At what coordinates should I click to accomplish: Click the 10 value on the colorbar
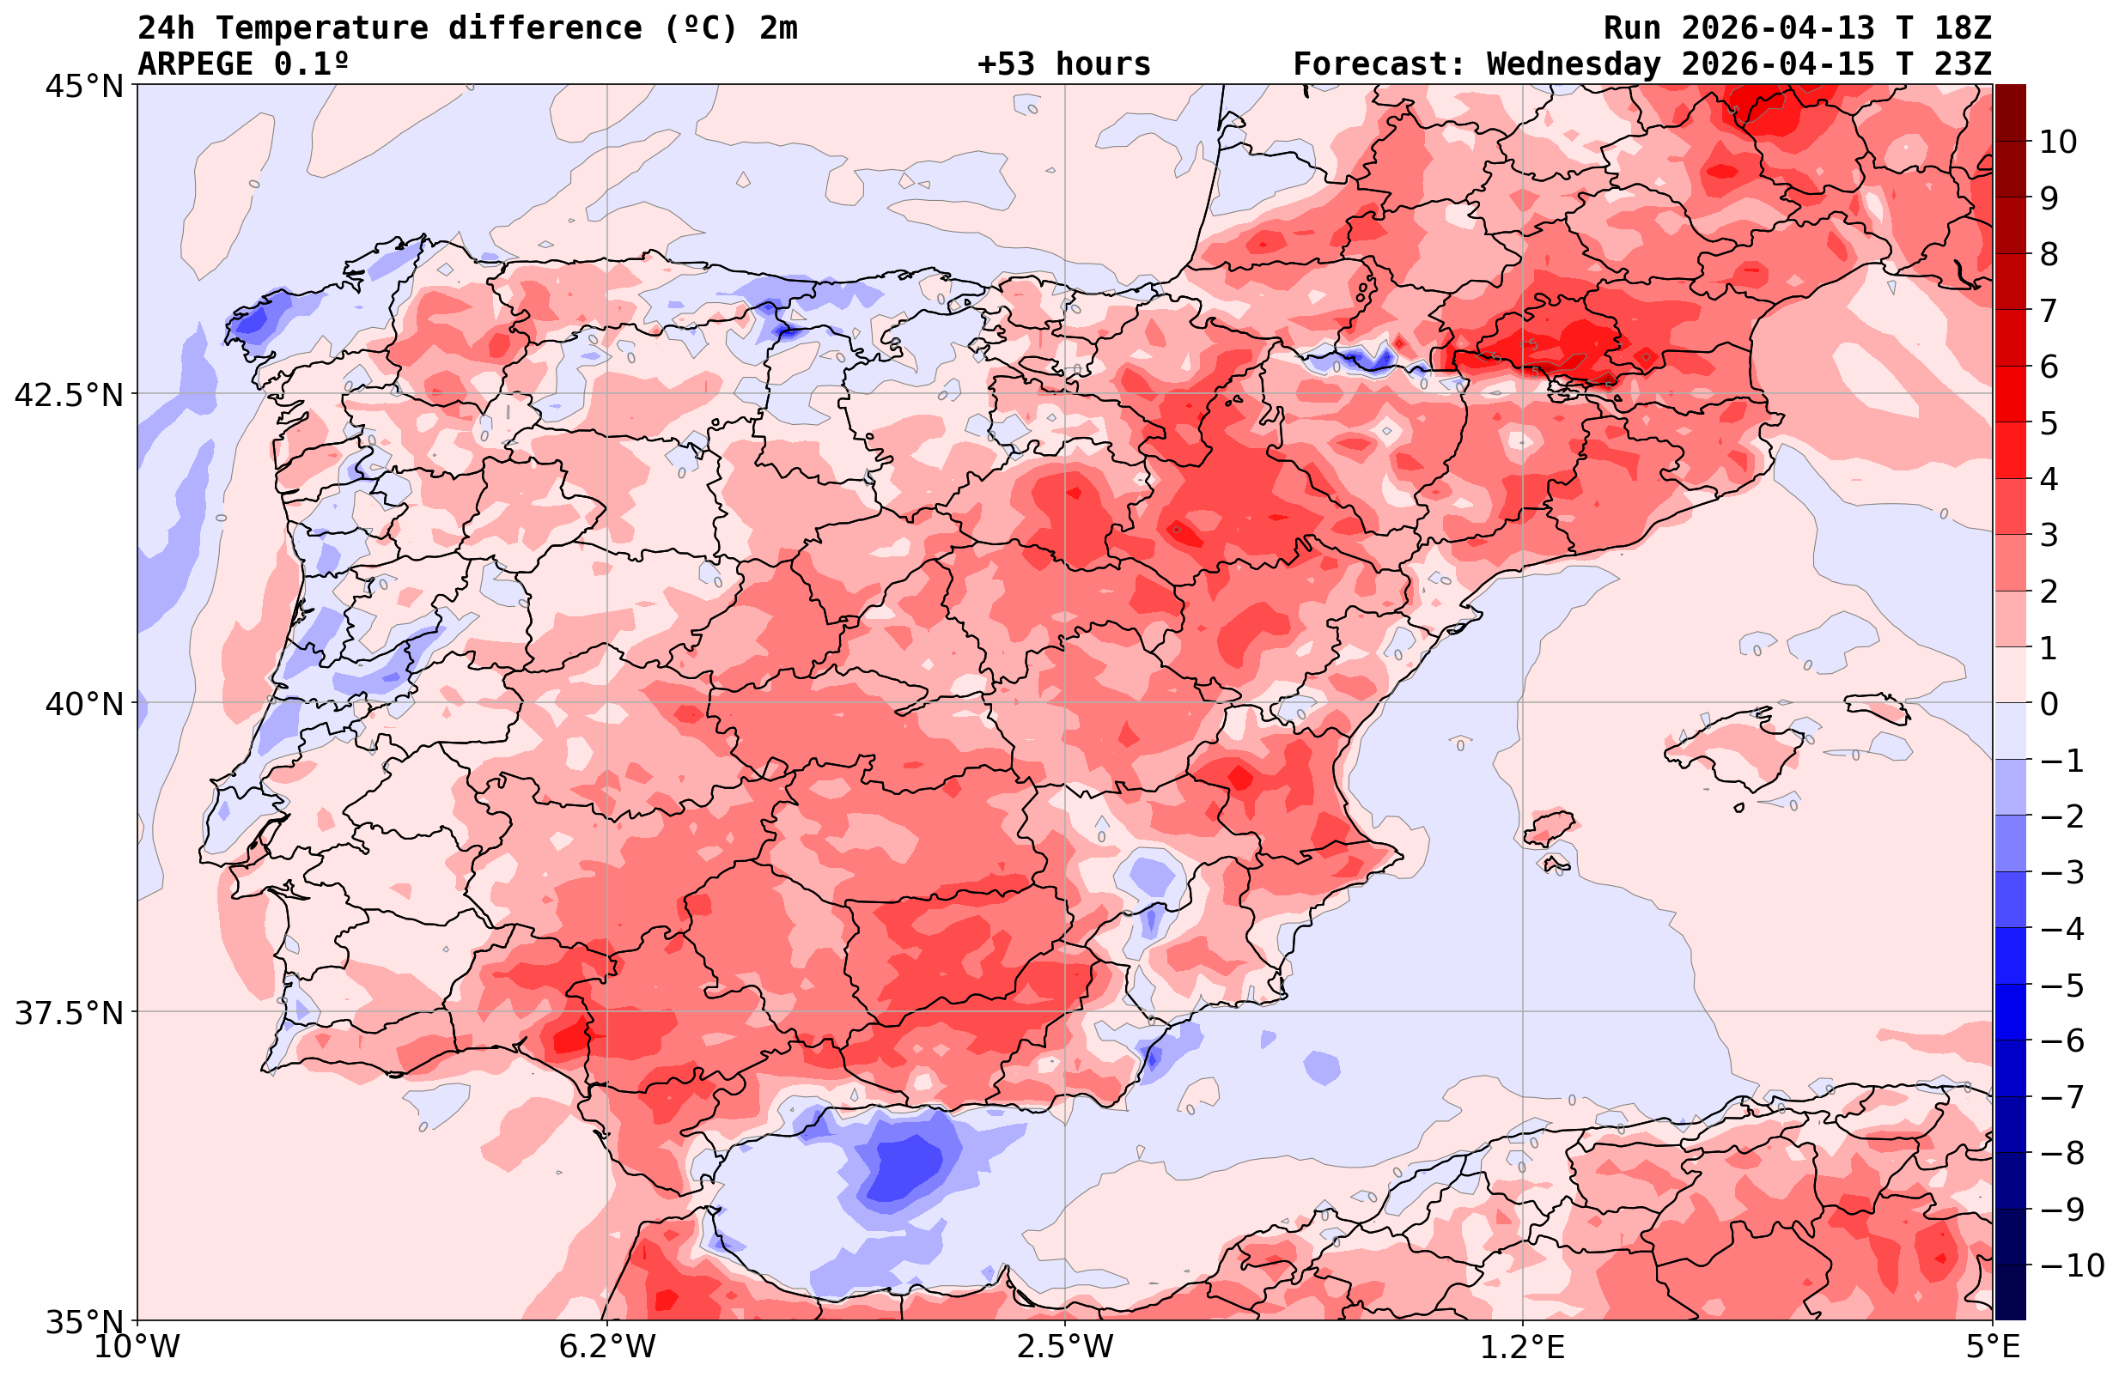tap(2059, 142)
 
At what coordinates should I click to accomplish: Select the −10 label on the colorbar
tap(2071, 1265)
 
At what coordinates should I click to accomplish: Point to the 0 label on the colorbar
tap(2049, 704)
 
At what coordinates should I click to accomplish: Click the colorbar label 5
tap(2049, 424)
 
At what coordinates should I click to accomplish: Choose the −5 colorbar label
tap(2062, 986)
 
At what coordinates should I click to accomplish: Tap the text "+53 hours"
tap(1063, 64)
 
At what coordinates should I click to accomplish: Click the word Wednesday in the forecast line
tap(1574, 64)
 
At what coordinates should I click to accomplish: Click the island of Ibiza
tap(1549, 827)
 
